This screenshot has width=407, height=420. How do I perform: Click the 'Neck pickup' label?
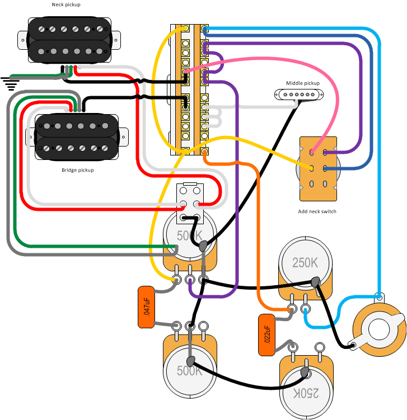pos(66,4)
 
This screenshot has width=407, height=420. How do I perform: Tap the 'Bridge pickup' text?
pos(77,169)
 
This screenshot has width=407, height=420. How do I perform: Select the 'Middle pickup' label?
pos(303,83)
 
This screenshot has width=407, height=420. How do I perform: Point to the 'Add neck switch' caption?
pos(317,211)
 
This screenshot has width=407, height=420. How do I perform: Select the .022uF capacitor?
pos(266,335)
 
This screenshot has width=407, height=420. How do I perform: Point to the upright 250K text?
pos(305,262)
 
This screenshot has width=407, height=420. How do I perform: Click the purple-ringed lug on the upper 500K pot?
pos(190,278)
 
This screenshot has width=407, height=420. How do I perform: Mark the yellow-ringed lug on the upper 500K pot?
pos(177,278)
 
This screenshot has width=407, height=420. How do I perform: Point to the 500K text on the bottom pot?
pos(190,371)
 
